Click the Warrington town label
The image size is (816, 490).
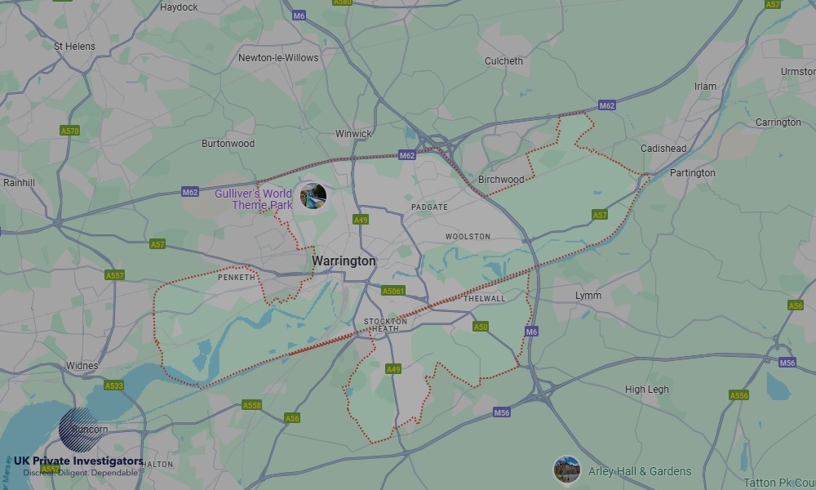point(344,261)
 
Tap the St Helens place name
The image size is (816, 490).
point(74,47)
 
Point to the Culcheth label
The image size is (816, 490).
point(503,61)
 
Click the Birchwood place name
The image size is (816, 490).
point(501,180)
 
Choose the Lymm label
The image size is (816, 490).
point(588,296)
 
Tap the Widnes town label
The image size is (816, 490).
point(82,366)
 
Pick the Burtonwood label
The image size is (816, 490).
point(228,144)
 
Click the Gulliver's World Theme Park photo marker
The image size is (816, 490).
point(313,196)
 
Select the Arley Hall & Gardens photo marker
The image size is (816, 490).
point(566,470)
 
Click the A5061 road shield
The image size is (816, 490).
point(393,291)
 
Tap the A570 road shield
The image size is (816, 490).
point(70,131)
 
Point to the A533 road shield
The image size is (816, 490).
point(114,385)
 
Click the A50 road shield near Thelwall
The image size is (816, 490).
point(481,327)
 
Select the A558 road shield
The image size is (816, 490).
point(251,405)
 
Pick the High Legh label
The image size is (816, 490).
point(646,390)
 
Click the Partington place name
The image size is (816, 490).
point(692,173)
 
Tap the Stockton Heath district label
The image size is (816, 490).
point(385,325)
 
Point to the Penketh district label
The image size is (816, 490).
point(237,278)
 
